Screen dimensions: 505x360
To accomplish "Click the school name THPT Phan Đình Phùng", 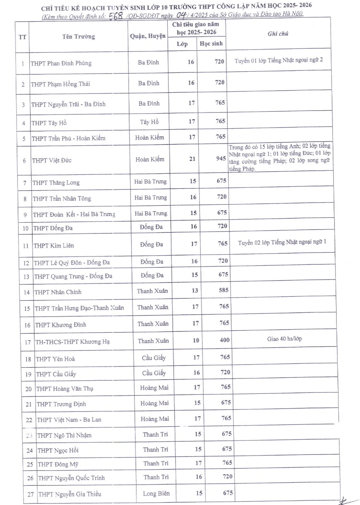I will click(x=61, y=63).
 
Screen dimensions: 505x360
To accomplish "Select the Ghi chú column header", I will click(x=278, y=34).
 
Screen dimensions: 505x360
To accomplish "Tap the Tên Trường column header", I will click(x=78, y=37).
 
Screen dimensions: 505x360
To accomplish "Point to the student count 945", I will click(x=221, y=158).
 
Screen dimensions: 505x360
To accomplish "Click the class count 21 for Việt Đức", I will click(x=192, y=159).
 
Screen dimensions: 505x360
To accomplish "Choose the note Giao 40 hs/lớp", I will click(x=284, y=339).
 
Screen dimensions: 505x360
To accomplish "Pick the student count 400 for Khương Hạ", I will click(x=224, y=340).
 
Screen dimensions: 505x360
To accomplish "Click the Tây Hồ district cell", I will click(x=149, y=122).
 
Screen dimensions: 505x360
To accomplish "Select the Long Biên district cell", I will click(x=156, y=493).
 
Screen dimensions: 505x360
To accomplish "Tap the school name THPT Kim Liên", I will click(x=54, y=246).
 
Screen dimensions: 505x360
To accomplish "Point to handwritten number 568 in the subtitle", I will click(x=116, y=16).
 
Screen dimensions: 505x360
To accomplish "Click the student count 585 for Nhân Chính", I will click(x=224, y=290).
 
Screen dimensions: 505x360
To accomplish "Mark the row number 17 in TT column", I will click(x=28, y=342).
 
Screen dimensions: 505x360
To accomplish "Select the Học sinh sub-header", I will click(x=211, y=44).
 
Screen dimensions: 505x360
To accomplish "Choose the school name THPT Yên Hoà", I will click(x=55, y=359).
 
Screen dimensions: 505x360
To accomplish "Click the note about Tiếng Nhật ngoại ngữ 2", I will click(x=278, y=60).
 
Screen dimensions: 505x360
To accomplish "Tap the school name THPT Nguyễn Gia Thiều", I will click(x=69, y=494).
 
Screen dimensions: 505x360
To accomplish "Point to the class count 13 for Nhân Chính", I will click(x=195, y=291).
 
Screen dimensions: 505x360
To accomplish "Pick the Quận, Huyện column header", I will click(x=148, y=36).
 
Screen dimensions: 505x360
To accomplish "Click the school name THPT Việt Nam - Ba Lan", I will click(x=69, y=420).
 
